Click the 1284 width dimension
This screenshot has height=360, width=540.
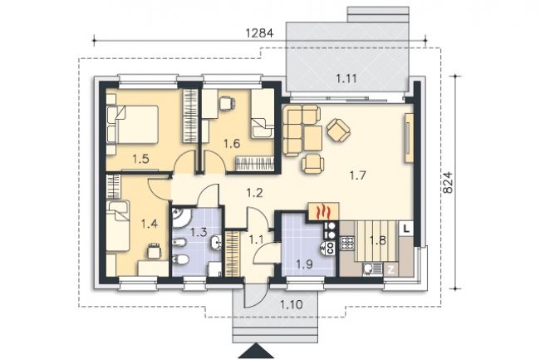(259, 33)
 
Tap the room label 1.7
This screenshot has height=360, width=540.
(357, 176)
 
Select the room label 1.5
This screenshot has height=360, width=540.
(140, 159)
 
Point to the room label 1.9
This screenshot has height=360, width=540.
(304, 264)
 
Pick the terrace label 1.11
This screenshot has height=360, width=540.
(346, 79)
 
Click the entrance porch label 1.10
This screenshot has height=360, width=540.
(292, 304)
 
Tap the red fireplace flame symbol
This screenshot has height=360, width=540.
(324, 211)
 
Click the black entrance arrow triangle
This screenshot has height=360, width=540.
(257, 351)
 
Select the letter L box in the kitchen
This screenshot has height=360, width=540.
(406, 229)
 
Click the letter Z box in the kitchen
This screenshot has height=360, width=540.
(390, 269)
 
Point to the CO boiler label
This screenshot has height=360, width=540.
(330, 248)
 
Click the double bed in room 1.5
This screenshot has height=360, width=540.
(133, 124)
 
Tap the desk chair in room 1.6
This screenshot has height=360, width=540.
(227, 103)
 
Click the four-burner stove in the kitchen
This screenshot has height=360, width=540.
(347, 243)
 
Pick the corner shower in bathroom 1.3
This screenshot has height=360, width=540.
(182, 218)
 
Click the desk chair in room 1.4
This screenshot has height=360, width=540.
(154, 250)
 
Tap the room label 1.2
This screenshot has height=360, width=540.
(254, 193)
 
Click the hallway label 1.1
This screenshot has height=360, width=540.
(256, 239)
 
